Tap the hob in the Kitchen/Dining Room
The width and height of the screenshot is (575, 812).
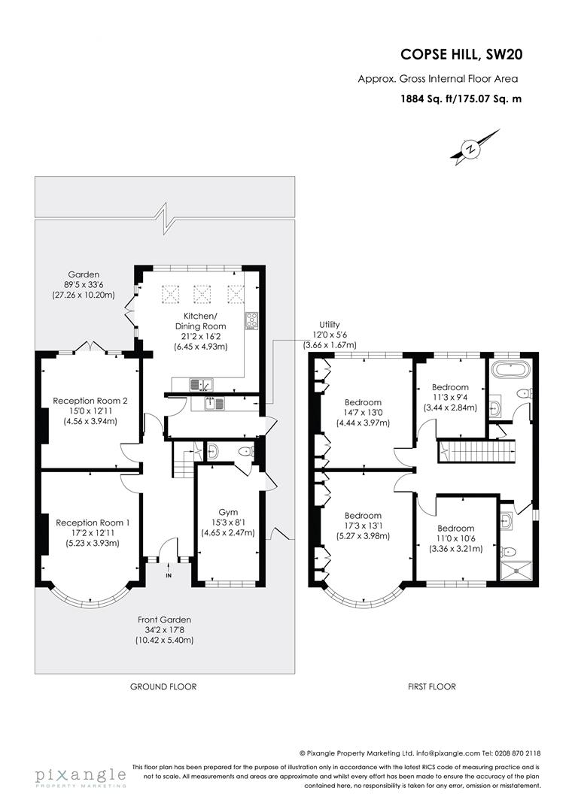251,321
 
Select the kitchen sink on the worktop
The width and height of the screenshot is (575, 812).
201,385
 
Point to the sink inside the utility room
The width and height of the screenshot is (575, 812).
215,404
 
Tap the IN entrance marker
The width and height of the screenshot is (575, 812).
169,575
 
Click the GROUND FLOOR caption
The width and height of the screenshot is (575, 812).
163,686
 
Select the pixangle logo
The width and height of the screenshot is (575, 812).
80,776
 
